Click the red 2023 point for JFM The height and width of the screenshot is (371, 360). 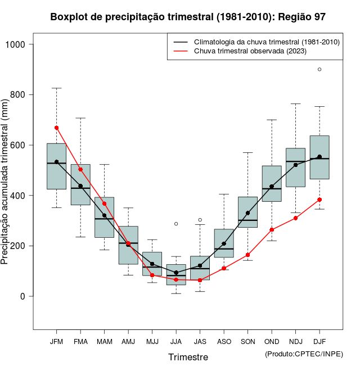56,128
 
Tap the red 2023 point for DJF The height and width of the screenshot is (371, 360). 319,200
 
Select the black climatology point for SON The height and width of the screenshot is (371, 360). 247,213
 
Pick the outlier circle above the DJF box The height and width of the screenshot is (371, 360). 319,69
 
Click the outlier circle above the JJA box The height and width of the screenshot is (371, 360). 176,224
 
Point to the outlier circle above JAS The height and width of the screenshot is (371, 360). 200,220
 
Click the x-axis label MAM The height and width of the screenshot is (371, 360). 104,341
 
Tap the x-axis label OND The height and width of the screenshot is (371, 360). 272,341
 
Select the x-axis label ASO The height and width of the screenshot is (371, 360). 224,341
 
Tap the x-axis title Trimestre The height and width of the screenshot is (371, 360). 188,357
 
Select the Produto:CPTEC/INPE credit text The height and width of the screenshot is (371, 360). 304,354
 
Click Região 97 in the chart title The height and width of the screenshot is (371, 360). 301,17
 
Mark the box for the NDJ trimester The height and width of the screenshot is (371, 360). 295,168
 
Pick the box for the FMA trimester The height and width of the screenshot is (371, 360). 80,184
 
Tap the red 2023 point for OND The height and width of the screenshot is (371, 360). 272,229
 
